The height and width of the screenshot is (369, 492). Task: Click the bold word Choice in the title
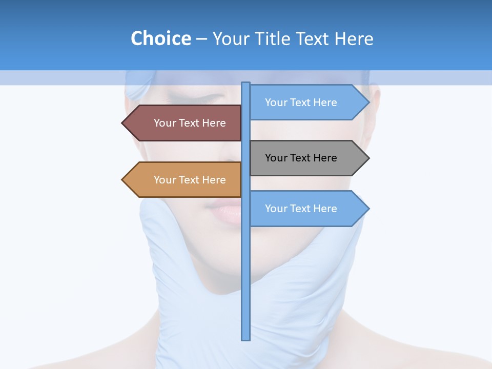point(160,39)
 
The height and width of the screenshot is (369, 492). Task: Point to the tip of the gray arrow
point(368,158)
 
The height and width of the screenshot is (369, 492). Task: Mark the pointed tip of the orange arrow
point(122,180)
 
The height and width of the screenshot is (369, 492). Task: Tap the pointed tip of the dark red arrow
point(122,123)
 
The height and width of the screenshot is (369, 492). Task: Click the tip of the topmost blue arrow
point(368,102)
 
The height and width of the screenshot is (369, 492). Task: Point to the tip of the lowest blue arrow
point(368,209)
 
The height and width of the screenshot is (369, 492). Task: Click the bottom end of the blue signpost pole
point(245,339)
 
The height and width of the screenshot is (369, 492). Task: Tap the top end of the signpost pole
point(245,84)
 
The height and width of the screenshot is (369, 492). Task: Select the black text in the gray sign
point(301,158)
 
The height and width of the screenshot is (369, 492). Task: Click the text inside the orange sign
point(190,180)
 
